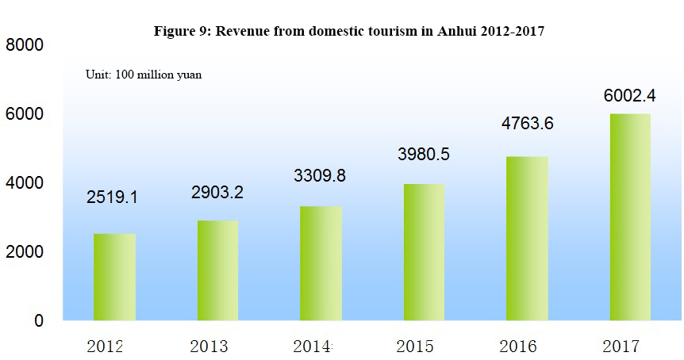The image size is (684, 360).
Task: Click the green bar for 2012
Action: pyautogui.click(x=115, y=278)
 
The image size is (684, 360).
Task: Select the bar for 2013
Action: pyautogui.click(x=217, y=270)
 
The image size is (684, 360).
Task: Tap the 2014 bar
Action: pyautogui.click(x=321, y=264)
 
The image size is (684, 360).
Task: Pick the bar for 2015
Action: pyautogui.click(x=424, y=252)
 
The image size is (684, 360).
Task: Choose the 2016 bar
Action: pyautogui.click(x=527, y=239)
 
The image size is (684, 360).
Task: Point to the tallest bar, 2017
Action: pyautogui.click(x=630, y=217)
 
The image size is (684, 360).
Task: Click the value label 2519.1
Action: pyautogui.click(x=112, y=197)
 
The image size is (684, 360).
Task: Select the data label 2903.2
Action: pyautogui.click(x=217, y=192)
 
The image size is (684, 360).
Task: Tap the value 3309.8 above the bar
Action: pyautogui.click(x=320, y=176)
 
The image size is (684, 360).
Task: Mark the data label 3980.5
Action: pyautogui.click(x=424, y=155)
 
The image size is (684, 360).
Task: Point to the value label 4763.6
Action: pyautogui.click(x=528, y=124)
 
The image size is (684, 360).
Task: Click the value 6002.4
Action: pyautogui.click(x=630, y=95)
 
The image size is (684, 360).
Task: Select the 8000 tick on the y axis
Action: pyautogui.click(x=25, y=45)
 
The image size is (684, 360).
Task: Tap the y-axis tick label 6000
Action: pyautogui.click(x=25, y=113)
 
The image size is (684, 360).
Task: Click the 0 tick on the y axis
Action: pyautogui.click(x=39, y=321)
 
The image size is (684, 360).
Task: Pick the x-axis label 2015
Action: pyautogui.click(x=415, y=347)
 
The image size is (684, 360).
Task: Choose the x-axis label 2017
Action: pyautogui.click(x=621, y=347)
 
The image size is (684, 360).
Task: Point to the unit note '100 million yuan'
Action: pyautogui.click(x=159, y=75)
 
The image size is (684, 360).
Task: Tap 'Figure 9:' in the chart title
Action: pyautogui.click(x=183, y=32)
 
